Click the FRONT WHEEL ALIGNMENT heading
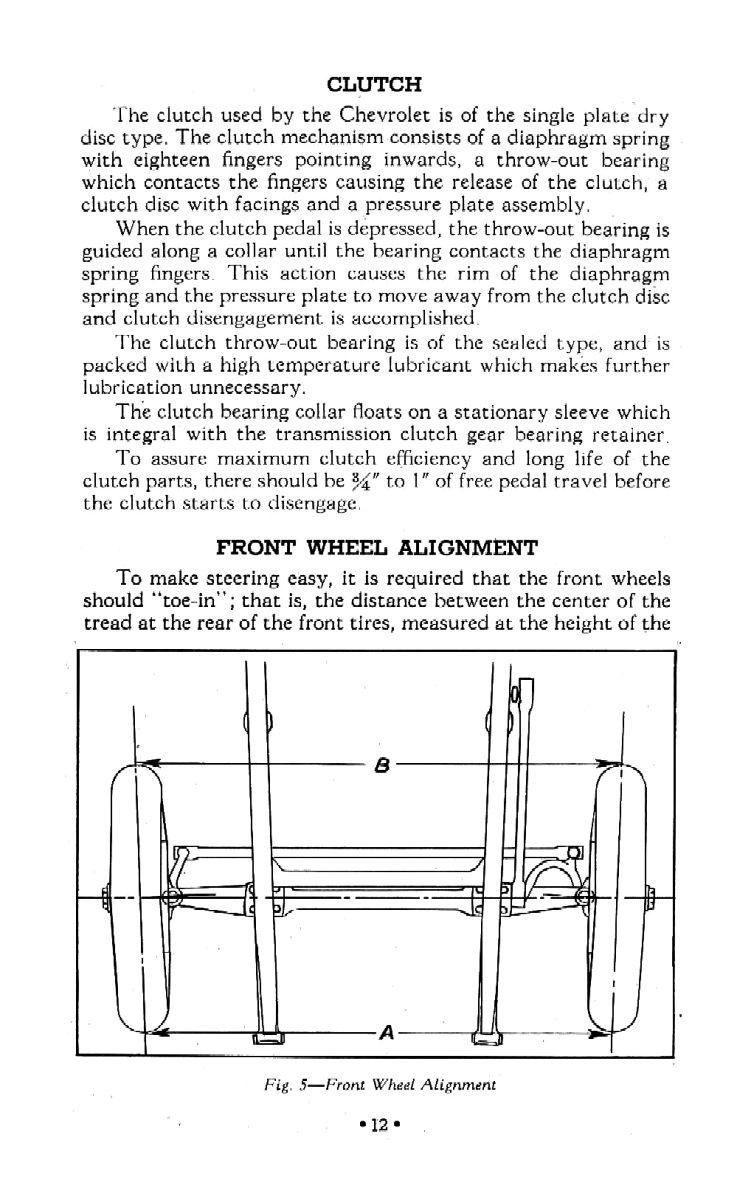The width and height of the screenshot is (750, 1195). point(377,548)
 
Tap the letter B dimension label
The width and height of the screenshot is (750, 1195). point(380,767)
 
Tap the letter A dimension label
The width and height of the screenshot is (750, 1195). point(384,1034)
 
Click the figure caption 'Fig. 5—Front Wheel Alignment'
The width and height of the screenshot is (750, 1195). point(376,1083)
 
